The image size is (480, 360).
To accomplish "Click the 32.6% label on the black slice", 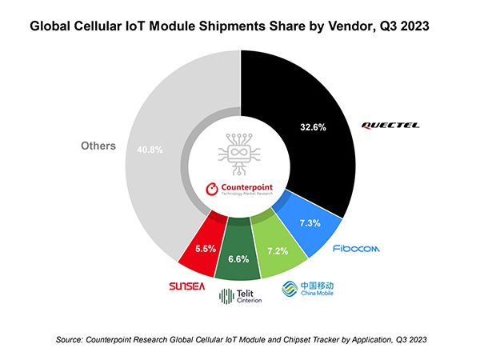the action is pos(313,127).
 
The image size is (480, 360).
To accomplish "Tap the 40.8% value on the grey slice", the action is pos(150,150).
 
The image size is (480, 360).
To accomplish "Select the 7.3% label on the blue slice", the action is pos(310,223).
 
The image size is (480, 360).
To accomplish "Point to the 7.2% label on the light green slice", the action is pos(278,251).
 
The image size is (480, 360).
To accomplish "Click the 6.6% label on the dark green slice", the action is pos(238,259).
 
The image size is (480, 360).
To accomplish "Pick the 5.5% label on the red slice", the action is pos(206,249).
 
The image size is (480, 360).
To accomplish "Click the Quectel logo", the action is pos(390,126).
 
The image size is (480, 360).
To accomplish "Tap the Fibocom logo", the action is pos(356,248).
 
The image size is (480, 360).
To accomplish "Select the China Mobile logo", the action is pos(307,289).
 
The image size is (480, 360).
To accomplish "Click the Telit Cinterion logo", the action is pos(240,296).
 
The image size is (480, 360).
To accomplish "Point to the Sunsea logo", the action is pos(186,286).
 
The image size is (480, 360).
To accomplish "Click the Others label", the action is pos(98,146).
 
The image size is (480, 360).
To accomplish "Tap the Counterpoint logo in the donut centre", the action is pos(239,189).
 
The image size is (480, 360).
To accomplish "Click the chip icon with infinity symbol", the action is pos(239,154).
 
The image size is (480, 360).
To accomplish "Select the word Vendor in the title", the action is pos(351,26).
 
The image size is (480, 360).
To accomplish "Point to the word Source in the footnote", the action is pos(69,340).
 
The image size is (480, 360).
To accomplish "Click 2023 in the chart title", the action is pos(414,26).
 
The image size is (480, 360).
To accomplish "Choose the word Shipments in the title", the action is pos(232,26).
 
